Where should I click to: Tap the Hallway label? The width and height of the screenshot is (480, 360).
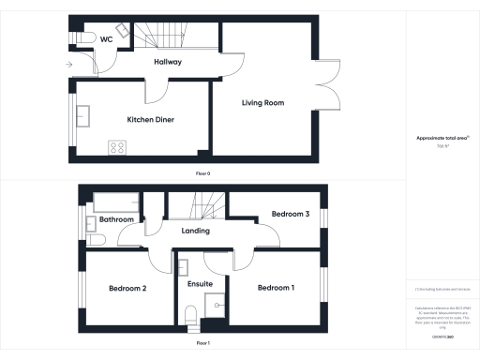pos(167,62)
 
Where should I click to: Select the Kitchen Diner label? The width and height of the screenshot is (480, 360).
pos(151,120)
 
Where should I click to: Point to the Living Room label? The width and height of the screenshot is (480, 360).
pos(262,102)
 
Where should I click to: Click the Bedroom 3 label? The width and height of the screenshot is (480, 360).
pos(291,215)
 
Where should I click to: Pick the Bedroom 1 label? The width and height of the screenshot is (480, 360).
pos(277,287)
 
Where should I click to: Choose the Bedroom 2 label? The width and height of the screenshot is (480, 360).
pos(127,288)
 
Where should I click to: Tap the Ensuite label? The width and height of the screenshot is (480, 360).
pos(201,283)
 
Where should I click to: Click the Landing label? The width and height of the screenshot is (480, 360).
pos(195,231)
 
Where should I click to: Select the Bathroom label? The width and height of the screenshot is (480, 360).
pos(117,219)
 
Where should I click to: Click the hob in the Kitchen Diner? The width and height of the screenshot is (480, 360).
pos(119,146)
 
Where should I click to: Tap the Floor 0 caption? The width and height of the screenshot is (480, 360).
pos(203,174)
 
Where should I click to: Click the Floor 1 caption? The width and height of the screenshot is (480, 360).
pos(203,344)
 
